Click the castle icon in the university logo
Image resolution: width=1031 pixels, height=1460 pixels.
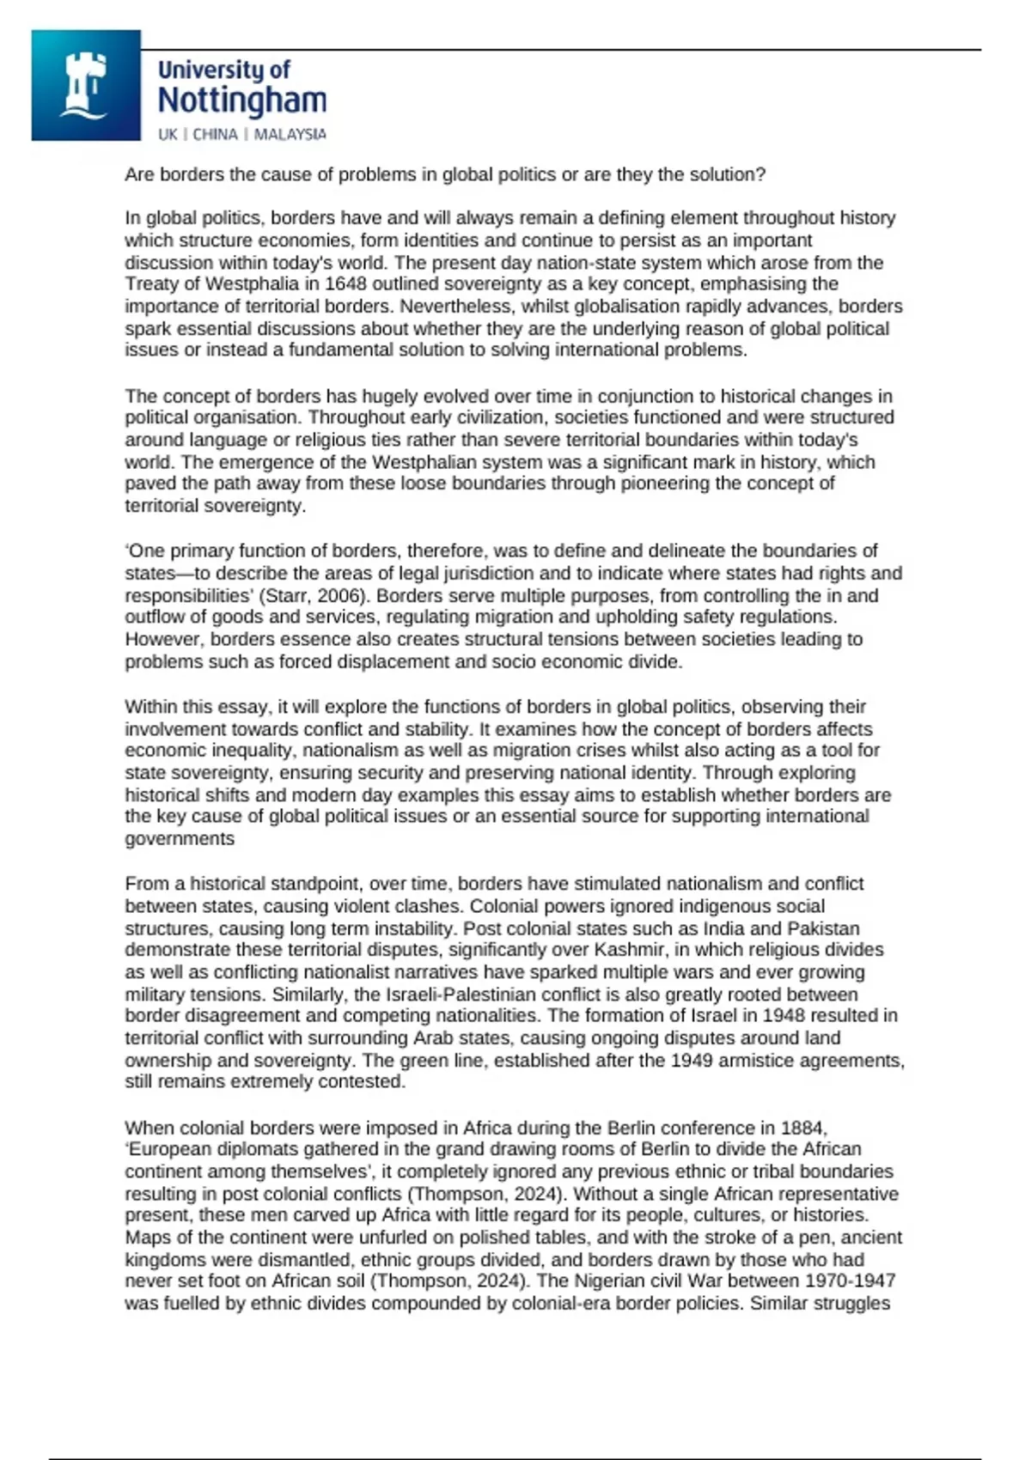click(x=84, y=86)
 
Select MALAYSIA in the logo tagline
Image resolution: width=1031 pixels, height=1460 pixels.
click(x=290, y=135)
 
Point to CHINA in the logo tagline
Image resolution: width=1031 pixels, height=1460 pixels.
click(x=215, y=135)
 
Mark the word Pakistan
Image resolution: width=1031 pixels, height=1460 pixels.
click(x=823, y=928)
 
